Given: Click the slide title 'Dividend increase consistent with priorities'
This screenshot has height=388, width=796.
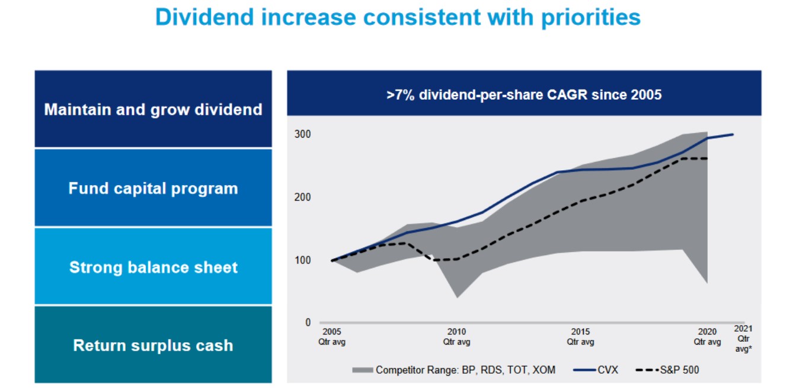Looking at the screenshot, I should [398, 17].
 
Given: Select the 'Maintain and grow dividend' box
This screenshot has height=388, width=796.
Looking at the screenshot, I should [153, 110].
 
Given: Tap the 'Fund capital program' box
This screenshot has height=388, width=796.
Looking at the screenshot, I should [153, 189].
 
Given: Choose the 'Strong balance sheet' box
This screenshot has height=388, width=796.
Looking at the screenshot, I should [153, 267].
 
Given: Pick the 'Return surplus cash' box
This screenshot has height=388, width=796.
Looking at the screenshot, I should [153, 345].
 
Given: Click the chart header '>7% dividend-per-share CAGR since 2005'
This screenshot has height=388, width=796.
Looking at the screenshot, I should [524, 94].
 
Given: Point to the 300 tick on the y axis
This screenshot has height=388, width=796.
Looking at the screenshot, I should [303, 135].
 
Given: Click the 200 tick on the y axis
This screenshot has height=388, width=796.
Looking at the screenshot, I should [303, 197].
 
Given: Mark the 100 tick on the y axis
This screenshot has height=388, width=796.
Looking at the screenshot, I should [303, 260].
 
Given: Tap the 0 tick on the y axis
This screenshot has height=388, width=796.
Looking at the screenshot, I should [308, 323].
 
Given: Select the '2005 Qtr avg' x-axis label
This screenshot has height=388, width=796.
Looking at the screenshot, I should [332, 336].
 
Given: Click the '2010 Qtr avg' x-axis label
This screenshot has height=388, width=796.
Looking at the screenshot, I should [456, 336].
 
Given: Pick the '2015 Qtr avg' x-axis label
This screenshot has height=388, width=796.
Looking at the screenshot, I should [580, 336].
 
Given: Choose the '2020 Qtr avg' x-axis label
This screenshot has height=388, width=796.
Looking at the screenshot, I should [707, 336].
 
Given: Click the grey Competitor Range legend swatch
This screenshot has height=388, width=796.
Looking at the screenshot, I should [362, 370].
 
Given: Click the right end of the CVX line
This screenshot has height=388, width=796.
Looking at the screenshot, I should [734, 135].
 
